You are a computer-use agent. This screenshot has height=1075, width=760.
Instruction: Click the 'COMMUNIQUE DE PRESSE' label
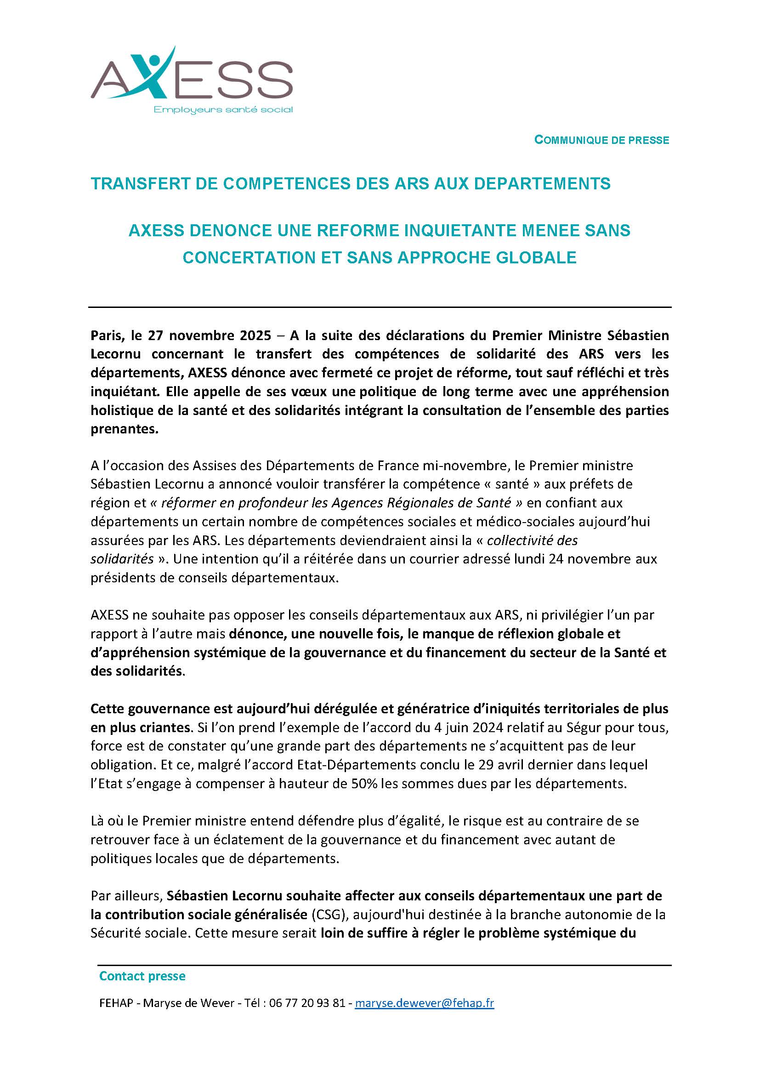(601, 140)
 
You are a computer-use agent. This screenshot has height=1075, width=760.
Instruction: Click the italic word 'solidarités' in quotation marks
(122, 559)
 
